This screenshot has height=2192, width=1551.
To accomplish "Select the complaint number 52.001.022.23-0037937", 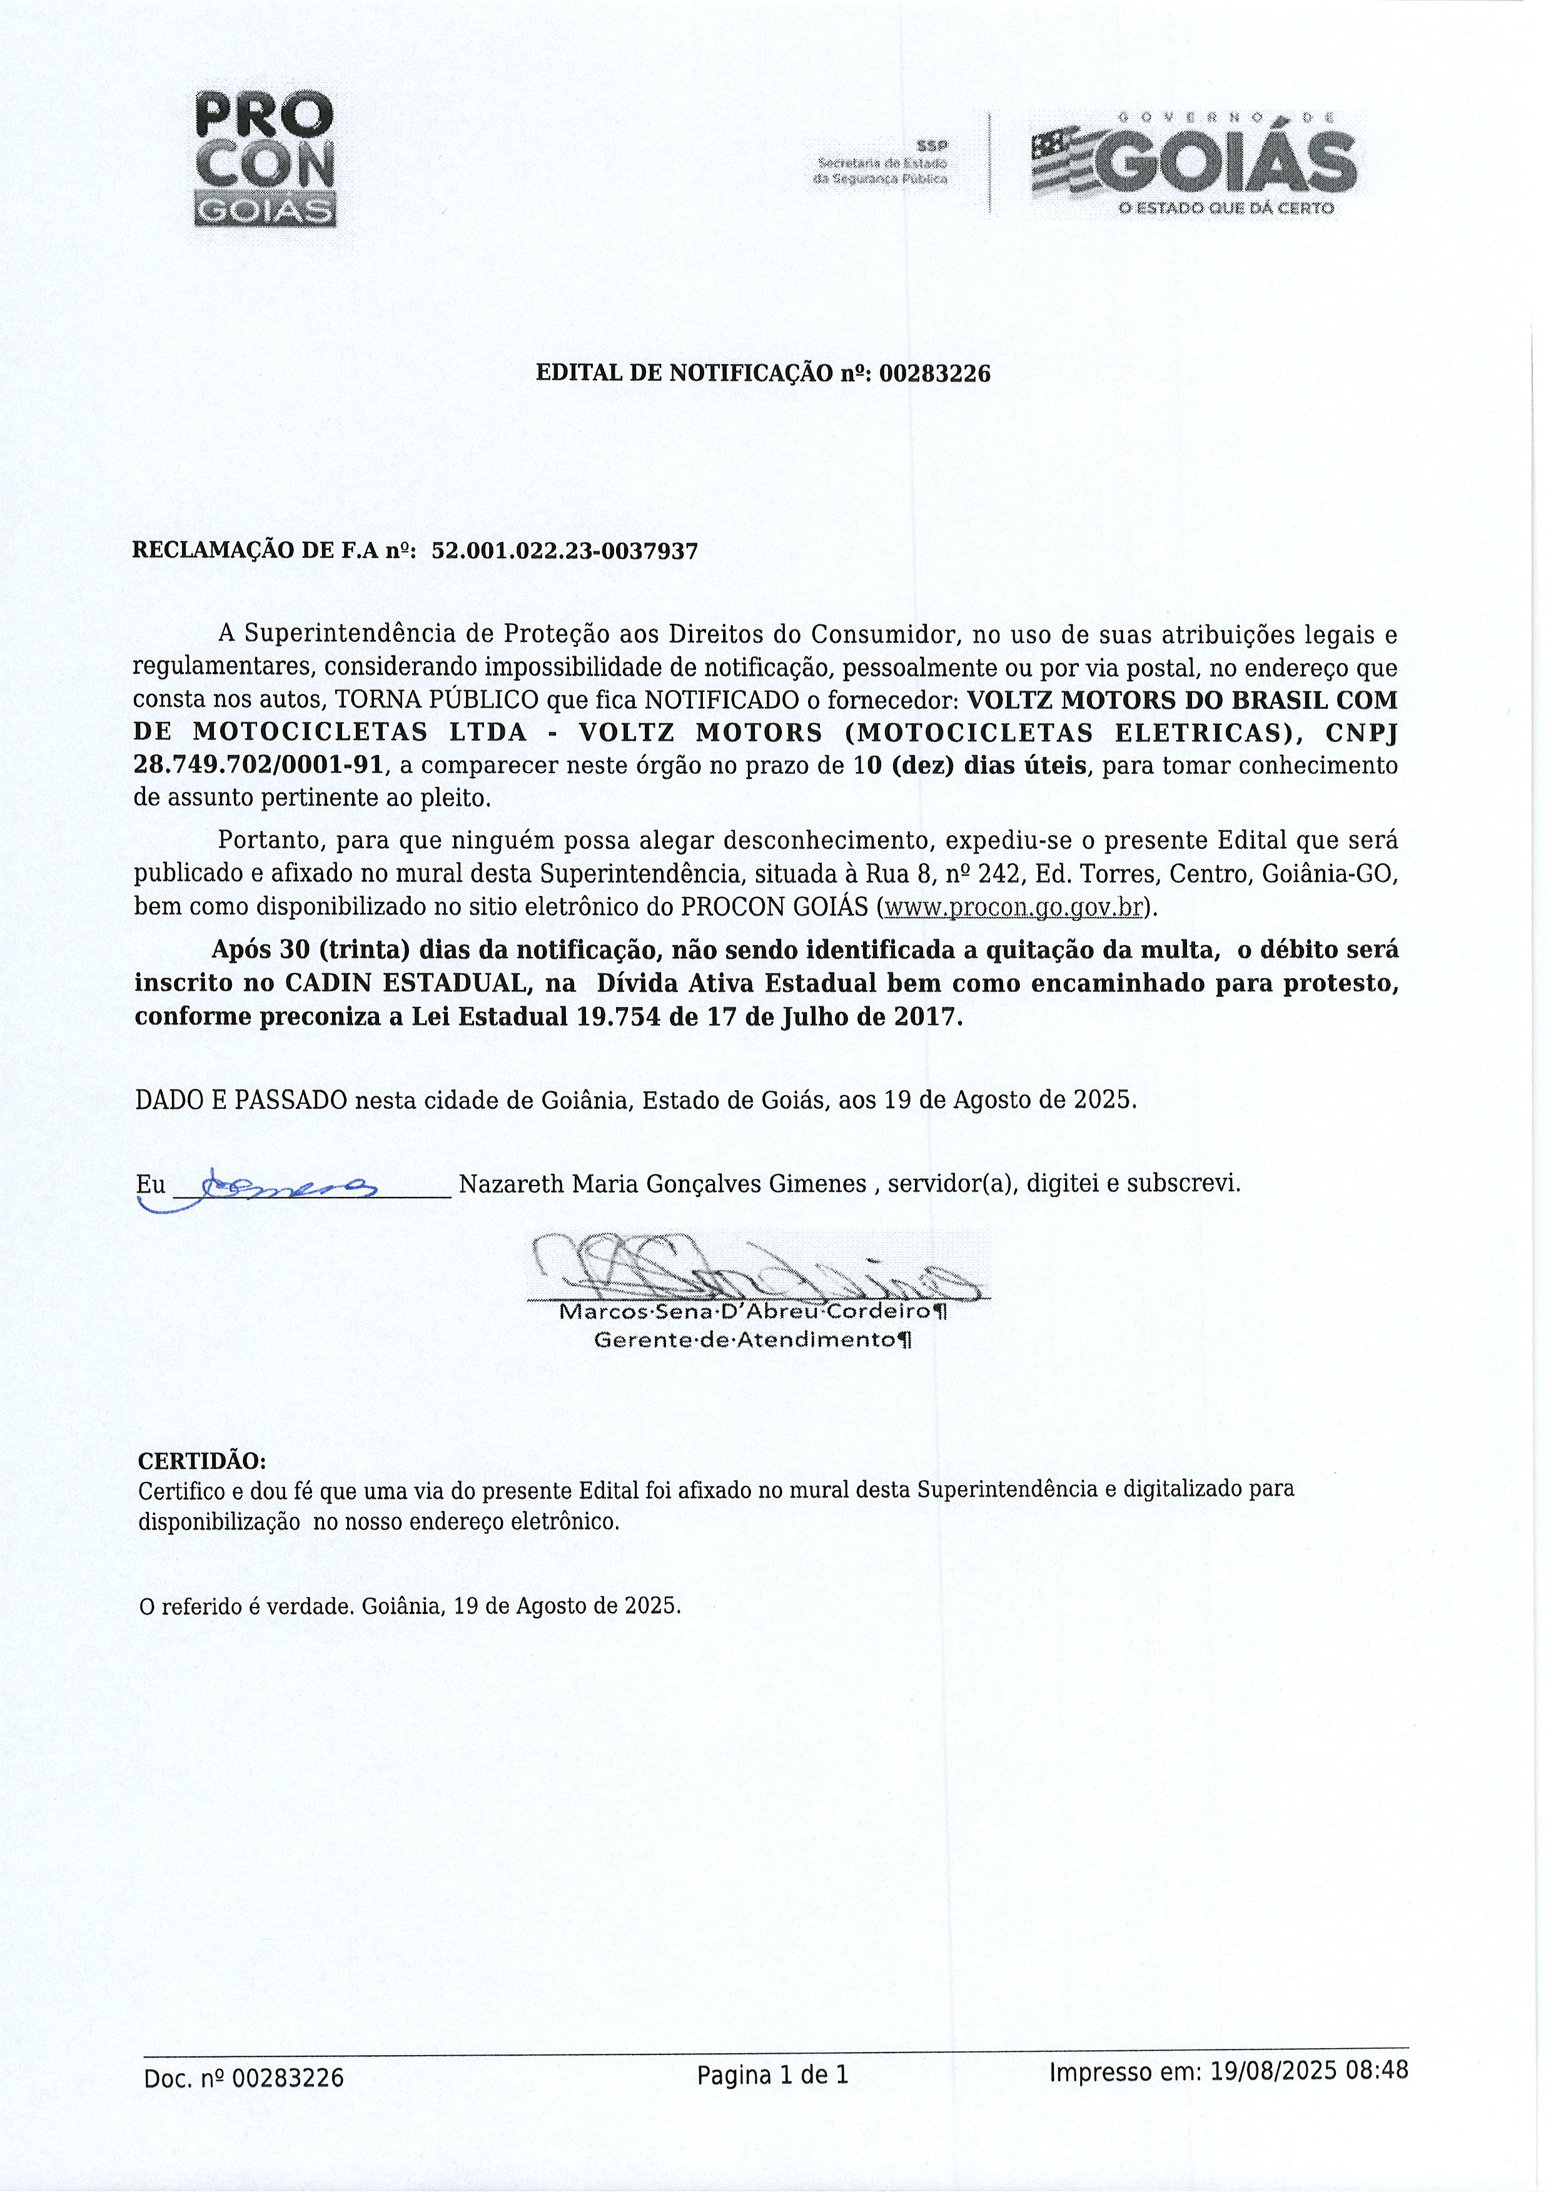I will click(x=565, y=552).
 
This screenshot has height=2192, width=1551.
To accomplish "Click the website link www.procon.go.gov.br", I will click(x=1014, y=907).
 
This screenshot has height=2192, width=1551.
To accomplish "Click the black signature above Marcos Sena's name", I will click(x=754, y=1269).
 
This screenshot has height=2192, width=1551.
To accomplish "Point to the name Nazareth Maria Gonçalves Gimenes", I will click(x=662, y=1185).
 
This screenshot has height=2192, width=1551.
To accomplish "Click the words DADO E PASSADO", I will click(x=241, y=1100).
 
